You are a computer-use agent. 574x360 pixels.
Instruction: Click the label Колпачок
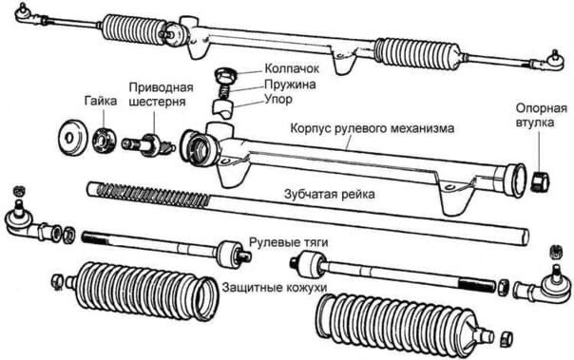pos(292,68)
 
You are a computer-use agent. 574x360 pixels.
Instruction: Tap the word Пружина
pos(290,85)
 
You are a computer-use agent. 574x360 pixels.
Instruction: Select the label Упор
pos(278,99)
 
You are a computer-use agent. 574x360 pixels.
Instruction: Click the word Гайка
pos(101,101)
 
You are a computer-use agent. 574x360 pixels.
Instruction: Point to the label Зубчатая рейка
pos(330,194)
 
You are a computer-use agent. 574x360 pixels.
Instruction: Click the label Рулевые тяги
pos(289,242)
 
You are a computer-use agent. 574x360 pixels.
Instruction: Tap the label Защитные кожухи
pos(275,287)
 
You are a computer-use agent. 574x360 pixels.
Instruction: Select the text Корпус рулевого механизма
pos(373,128)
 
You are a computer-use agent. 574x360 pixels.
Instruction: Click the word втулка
pos(535,123)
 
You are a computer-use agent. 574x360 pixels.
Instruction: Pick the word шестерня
pos(158,102)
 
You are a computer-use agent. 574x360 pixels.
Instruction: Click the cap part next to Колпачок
pos(225,75)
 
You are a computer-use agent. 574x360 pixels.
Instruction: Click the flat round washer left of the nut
pos(73,137)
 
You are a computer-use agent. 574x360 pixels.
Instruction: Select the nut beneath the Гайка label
pos(104,140)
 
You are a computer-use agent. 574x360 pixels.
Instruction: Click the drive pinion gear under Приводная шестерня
pos(149,144)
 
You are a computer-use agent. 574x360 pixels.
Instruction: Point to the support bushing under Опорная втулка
pos(540,180)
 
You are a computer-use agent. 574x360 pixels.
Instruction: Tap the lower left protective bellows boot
pos(143,291)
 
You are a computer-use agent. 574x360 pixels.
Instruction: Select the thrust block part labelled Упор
pos(223,108)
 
